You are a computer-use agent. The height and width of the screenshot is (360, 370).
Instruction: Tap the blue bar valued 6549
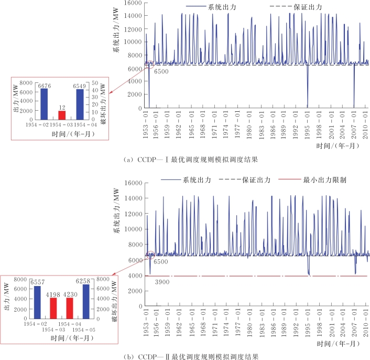tap(80, 104)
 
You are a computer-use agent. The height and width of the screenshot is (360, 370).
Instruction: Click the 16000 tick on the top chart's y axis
tap(132, 3)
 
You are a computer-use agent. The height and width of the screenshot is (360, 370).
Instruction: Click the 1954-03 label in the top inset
tap(62, 126)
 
